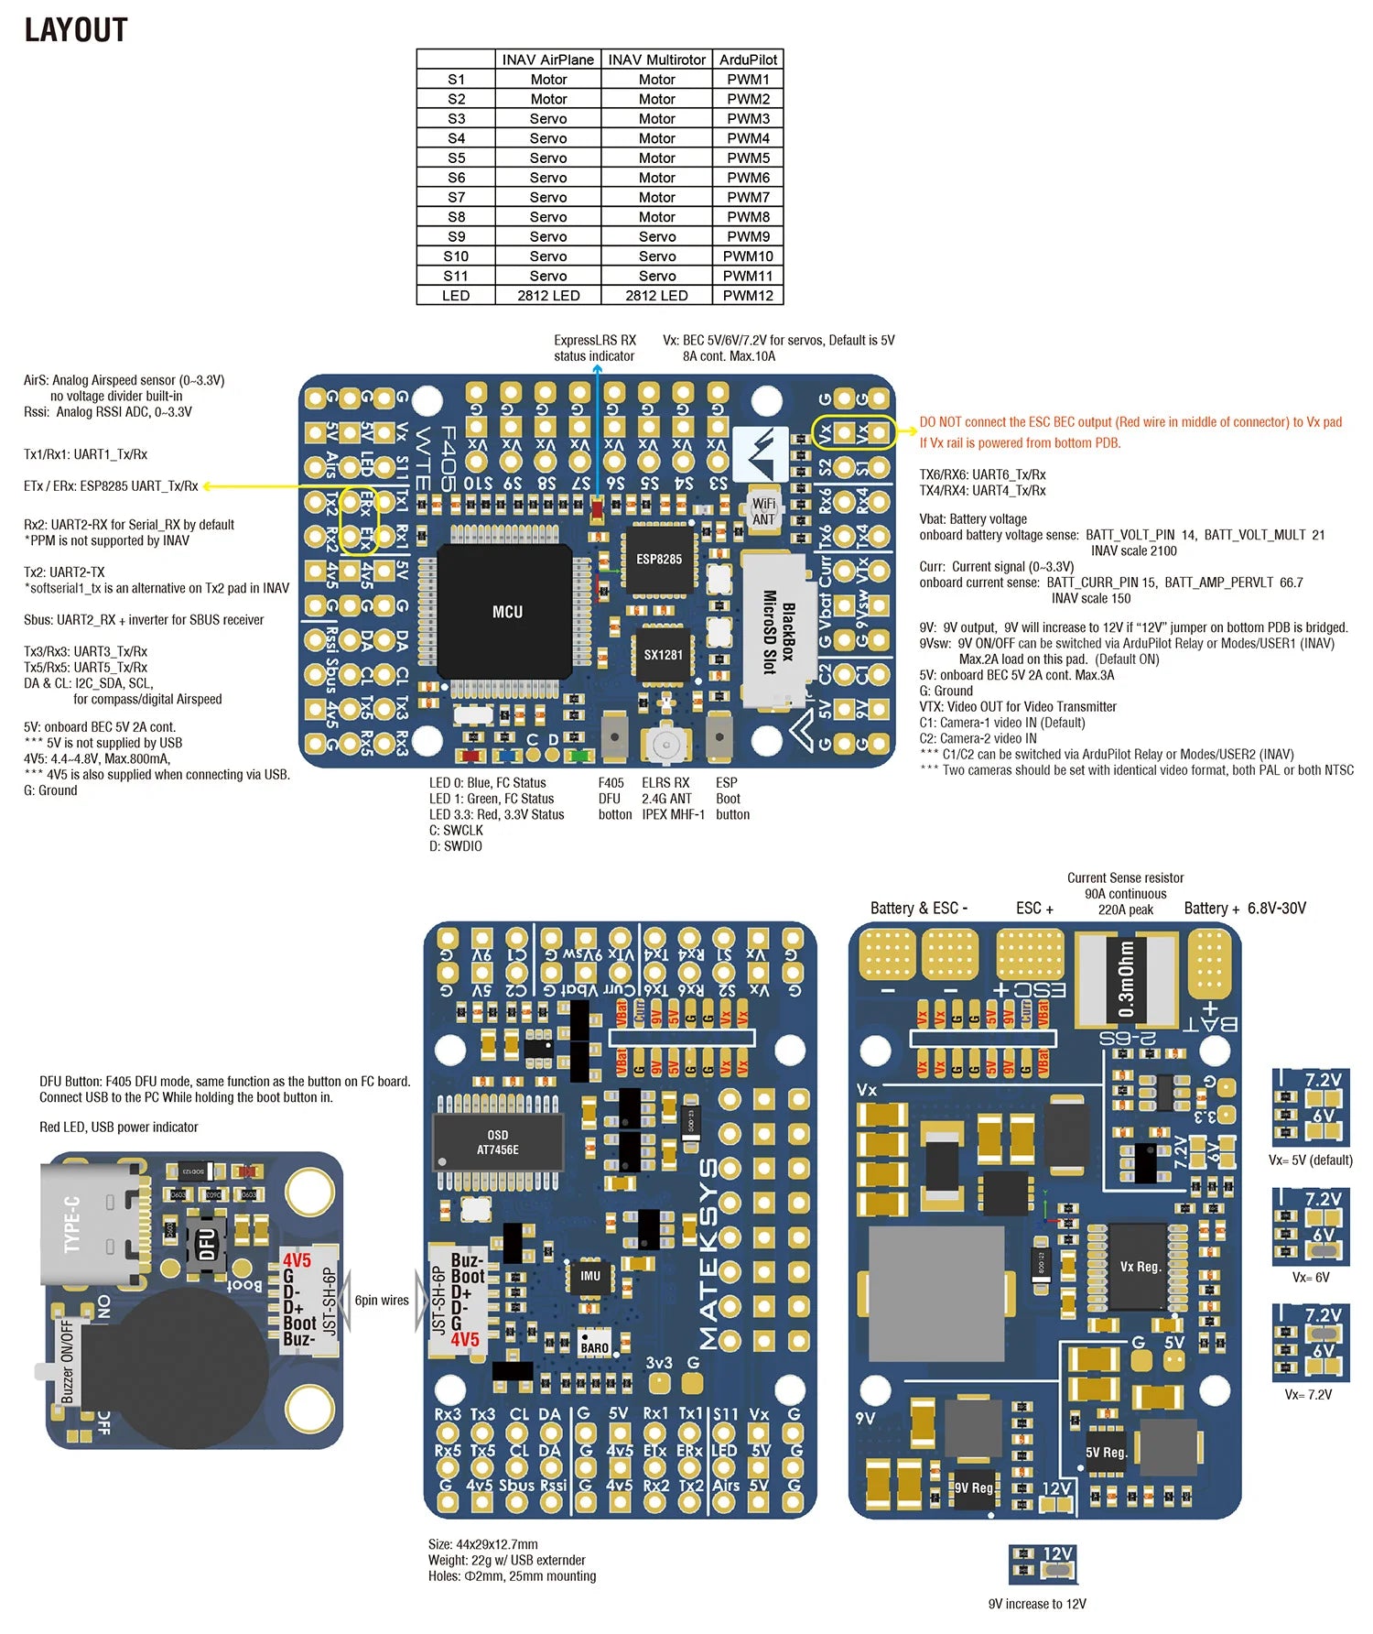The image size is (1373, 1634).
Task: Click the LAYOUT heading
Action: [76, 30]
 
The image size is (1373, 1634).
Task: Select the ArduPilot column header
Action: [748, 60]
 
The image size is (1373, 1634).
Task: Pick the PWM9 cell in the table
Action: [748, 236]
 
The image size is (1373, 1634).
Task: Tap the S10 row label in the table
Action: [456, 256]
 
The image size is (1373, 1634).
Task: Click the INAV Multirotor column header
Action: [656, 60]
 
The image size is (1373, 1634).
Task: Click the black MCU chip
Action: [506, 611]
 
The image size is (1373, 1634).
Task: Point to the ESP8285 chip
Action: [659, 559]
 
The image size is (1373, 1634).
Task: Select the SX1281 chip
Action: [663, 654]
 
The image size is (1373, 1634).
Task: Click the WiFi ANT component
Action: [763, 511]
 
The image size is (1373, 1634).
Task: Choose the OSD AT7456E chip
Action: [497, 1142]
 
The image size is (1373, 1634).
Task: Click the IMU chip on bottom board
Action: [590, 1276]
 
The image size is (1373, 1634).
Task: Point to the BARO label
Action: [594, 1347]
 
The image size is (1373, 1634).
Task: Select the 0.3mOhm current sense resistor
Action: [1126, 978]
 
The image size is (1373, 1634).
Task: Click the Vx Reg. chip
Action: [1139, 1267]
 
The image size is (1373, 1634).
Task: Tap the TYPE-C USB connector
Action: [92, 1223]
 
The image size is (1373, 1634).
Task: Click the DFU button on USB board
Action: [207, 1244]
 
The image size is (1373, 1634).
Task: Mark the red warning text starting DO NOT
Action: [1130, 431]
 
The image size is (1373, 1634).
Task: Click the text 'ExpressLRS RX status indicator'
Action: [594, 348]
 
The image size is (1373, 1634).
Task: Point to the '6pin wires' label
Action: [382, 1300]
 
